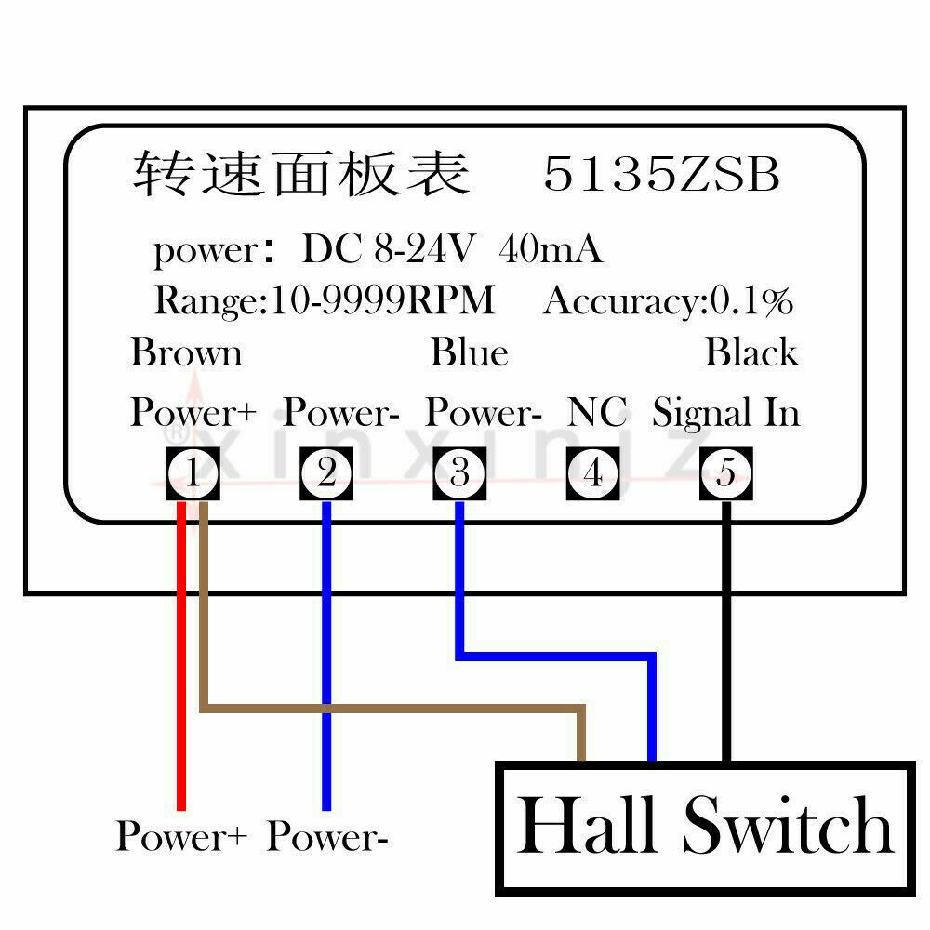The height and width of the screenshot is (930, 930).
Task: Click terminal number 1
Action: [192, 474]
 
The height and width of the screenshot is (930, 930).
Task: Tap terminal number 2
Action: [325, 474]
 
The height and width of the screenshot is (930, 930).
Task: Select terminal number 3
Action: [459, 474]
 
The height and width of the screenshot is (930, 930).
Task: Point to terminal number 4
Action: [592, 474]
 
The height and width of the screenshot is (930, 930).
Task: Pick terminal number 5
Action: [726, 474]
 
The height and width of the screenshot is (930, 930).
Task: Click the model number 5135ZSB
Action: [661, 175]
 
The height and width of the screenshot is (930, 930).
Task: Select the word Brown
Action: [186, 353]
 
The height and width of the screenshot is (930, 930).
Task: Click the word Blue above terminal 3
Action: [469, 353]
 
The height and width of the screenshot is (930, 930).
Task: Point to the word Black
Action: [751, 353]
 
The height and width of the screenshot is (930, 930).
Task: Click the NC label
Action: [597, 412]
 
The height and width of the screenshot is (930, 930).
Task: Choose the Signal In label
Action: [725, 412]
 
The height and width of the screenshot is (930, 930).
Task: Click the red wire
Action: [182, 670]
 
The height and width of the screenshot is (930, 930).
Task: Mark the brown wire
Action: [391, 710]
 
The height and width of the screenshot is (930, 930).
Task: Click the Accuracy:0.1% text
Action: [668, 301]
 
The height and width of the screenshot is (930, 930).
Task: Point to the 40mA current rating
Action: [551, 249]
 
